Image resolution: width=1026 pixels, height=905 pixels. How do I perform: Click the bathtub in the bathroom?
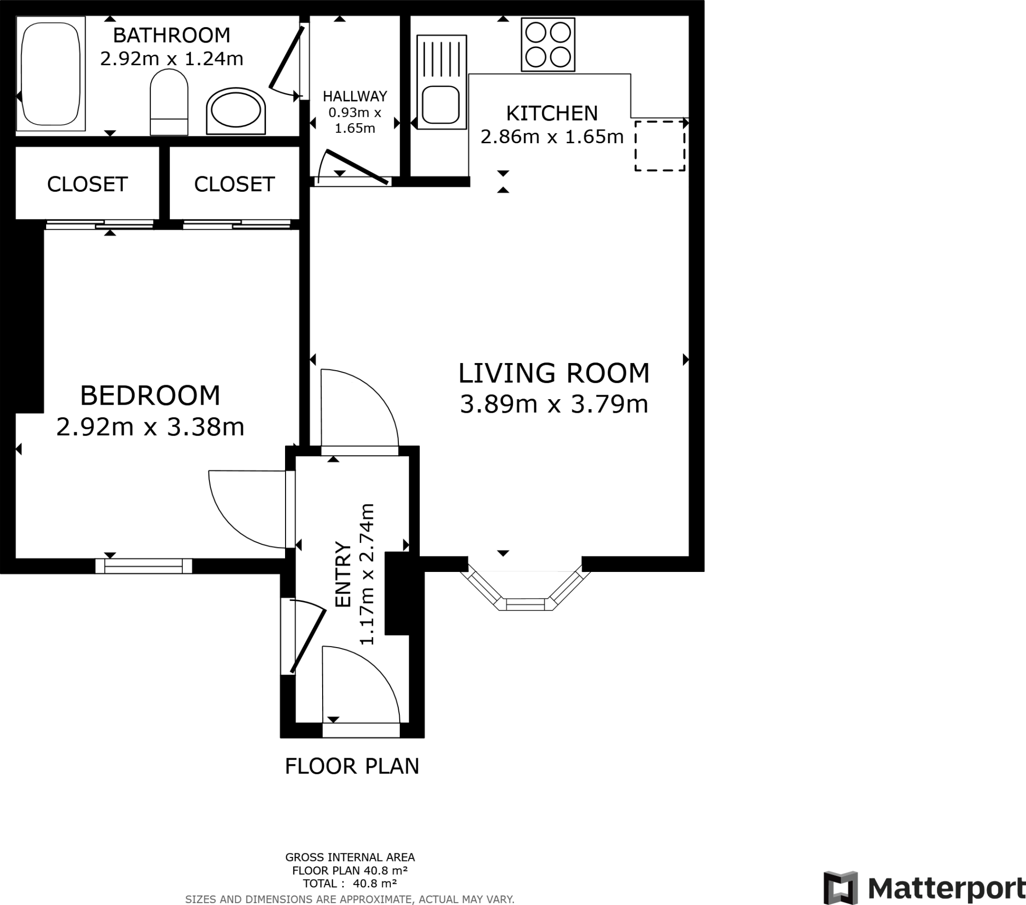coord(50,73)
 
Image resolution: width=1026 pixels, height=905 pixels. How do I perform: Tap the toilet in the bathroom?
coord(169,103)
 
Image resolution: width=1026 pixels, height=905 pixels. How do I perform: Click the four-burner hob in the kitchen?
coord(548,45)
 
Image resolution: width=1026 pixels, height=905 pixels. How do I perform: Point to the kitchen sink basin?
coord(440,104)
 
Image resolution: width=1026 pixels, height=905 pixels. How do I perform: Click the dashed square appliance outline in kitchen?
coord(660,146)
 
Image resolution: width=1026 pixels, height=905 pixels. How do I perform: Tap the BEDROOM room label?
coord(150,396)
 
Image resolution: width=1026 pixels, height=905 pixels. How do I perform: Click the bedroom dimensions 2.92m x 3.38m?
coord(150,427)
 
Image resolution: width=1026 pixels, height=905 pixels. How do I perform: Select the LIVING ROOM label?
coord(554,374)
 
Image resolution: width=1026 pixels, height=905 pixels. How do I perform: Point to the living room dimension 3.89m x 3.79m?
coord(554,405)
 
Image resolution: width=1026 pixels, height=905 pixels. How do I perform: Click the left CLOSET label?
coord(87,185)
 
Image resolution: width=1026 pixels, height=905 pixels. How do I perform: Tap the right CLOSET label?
coord(234,185)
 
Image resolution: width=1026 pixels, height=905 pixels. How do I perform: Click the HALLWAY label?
coord(355,96)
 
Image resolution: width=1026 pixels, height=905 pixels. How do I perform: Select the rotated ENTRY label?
coord(343,575)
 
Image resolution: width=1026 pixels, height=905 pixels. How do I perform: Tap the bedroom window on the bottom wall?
coord(144,566)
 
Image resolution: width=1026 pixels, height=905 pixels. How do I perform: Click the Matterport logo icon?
coord(840,888)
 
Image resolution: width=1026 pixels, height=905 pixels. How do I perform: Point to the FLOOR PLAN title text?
coord(351,766)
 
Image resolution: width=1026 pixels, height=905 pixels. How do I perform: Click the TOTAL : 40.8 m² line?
coord(350,883)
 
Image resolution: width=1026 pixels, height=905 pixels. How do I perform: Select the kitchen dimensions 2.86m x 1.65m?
coord(552,137)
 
